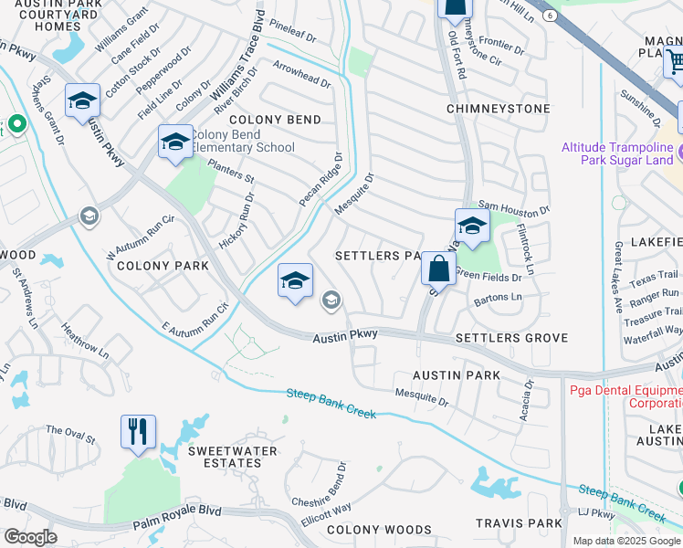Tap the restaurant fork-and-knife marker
pos(138,431)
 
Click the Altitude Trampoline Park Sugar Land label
pos(621,153)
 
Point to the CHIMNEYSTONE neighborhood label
pos(498,109)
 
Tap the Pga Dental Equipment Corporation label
pos(625,395)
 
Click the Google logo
pos(30,537)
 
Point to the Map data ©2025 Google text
pos(626,541)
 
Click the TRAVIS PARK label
pos(518,523)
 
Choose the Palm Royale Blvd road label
pos(177,524)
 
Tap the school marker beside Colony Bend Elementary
pos(175,142)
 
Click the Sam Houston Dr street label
pos(514,209)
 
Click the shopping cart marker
pos(676,62)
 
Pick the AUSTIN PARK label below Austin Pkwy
pos(456,375)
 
